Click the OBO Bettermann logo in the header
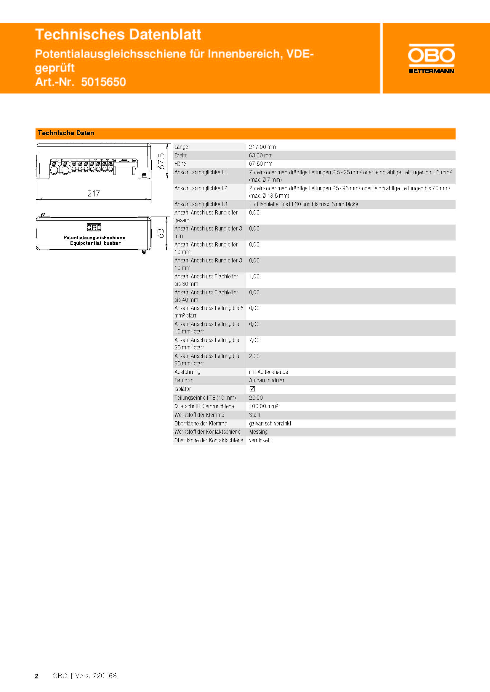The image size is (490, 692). tap(431, 59)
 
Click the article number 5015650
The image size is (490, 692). tap(103, 82)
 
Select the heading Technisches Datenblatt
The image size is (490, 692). tap(118, 34)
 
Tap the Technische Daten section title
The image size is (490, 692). tap(66, 133)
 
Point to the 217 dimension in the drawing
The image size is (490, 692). tap(94, 193)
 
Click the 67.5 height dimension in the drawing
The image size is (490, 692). tap(161, 161)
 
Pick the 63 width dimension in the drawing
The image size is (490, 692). tap(161, 233)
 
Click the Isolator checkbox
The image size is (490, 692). tap(252, 389)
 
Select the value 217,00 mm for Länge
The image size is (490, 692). tap(262, 147)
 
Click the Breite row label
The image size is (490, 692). tap(181, 156)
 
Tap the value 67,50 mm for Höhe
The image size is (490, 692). tap(261, 164)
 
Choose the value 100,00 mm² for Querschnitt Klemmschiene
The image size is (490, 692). tap(263, 406)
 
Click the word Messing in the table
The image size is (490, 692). tap(258, 432)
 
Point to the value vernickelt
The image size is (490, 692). tap(260, 440)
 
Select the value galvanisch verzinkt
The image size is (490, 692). tap(270, 423)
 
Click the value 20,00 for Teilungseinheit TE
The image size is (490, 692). tap(256, 398)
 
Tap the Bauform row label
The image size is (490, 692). tap(184, 380)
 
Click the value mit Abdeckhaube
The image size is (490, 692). tap(268, 372)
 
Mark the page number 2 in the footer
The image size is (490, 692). tap(37, 676)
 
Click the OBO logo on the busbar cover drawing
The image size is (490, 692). tap(94, 227)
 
